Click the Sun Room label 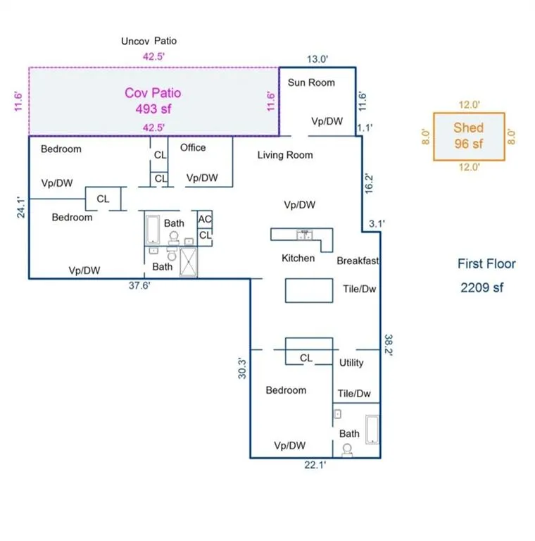(311, 82)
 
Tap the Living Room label (285, 155)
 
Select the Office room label (193, 147)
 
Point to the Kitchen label (298, 258)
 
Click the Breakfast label (358, 261)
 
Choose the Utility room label (351, 363)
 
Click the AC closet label (205, 220)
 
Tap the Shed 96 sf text (469, 136)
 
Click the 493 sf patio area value (153, 108)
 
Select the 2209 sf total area (482, 287)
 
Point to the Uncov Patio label (149, 41)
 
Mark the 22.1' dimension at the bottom (314, 464)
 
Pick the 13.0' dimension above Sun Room (317, 59)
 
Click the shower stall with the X (188, 262)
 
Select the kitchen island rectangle (308, 290)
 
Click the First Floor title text (486, 264)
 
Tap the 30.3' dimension (241, 368)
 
